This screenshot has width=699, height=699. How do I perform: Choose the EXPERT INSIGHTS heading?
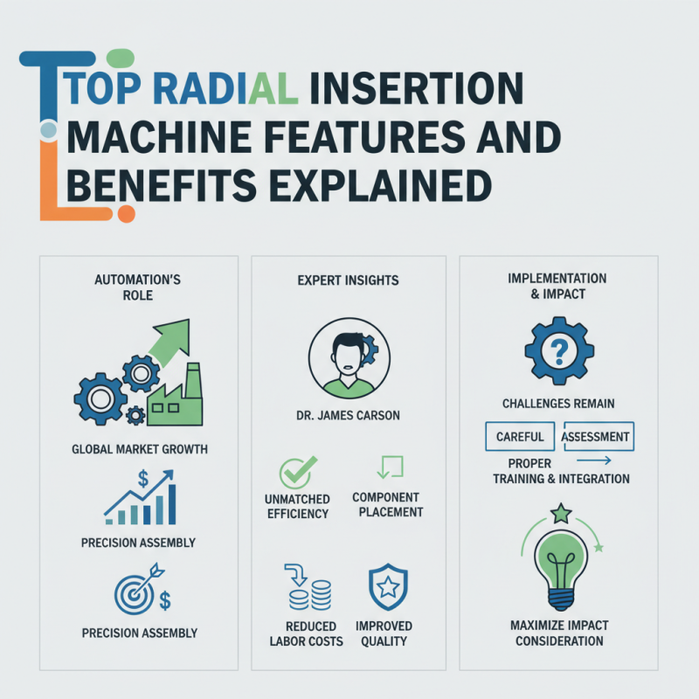point(349,280)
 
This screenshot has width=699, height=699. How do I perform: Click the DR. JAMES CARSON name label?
point(347,416)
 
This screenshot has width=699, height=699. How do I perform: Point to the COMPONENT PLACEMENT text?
point(386,504)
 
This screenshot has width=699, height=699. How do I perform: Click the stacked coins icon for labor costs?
point(308,587)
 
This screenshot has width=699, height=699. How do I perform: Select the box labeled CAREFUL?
point(519,436)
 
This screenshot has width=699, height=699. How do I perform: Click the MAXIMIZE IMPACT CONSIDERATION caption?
point(559,633)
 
